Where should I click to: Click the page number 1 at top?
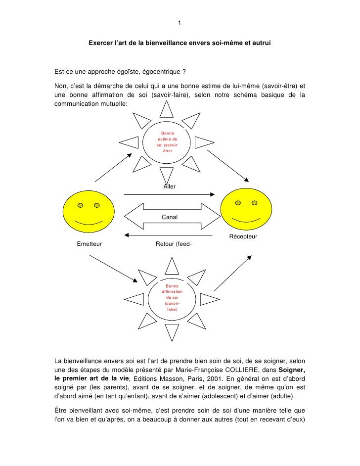coord(180,23)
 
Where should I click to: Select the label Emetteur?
coord(90,243)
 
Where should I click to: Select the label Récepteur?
coord(243,236)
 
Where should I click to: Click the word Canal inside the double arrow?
coord(170,217)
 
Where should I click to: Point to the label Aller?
coord(170,186)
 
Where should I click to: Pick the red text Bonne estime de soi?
coord(167,142)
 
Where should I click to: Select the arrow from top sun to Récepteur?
coord(227,165)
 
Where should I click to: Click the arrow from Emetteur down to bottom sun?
coord(112,271)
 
